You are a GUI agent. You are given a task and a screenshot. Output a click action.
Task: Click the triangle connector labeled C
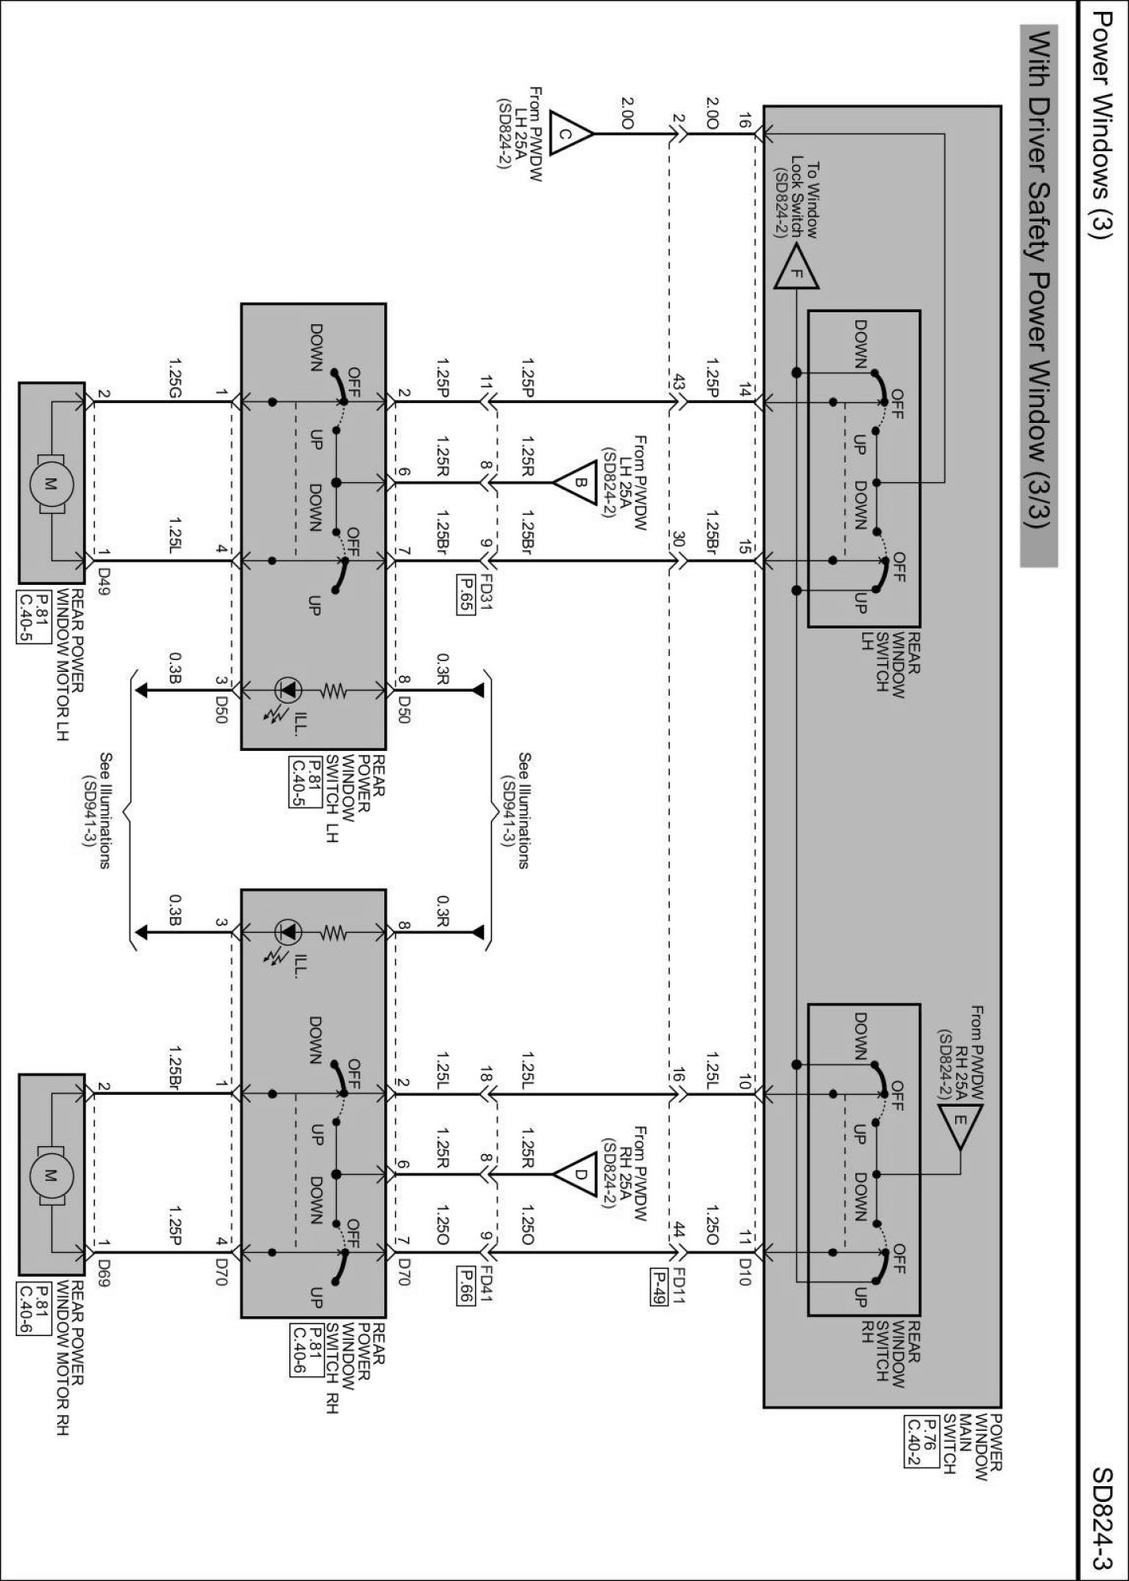click(x=568, y=134)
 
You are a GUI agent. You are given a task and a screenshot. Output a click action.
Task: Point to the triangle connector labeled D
click(x=577, y=1174)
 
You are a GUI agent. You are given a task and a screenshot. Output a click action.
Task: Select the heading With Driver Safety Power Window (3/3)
click(x=1038, y=296)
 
